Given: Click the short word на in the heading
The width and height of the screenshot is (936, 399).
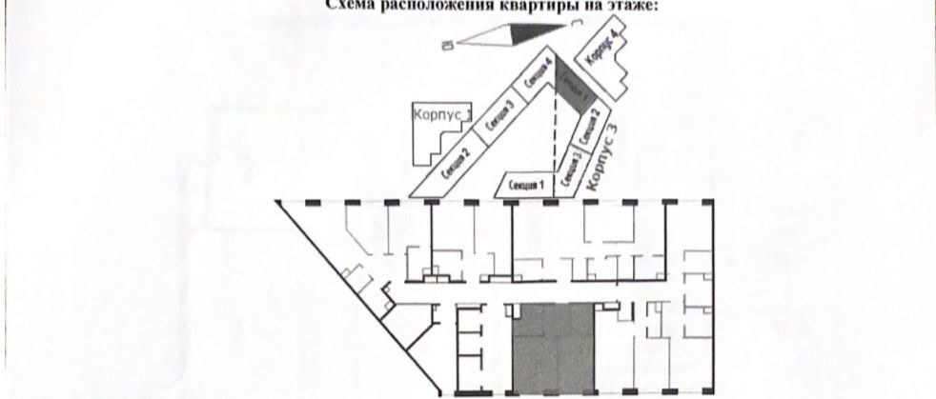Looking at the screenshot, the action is [x=596, y=4].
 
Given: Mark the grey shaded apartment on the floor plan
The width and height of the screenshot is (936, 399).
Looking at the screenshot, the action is [x=554, y=349].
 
